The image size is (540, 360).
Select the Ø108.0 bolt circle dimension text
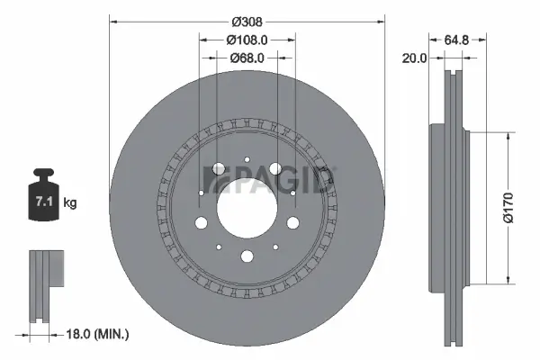pyautogui.click(x=247, y=40)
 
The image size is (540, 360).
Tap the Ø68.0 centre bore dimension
pyautogui.click(x=247, y=58)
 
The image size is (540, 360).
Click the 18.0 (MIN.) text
pyautogui.click(x=100, y=334)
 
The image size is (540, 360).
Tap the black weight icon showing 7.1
pyautogui.click(x=43, y=195)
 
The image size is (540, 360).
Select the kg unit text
pyautogui.click(x=70, y=203)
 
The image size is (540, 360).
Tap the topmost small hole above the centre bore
pyautogui.click(x=247, y=159)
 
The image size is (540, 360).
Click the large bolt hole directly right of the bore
pyautogui.click(x=292, y=224)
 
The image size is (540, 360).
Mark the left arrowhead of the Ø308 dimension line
pyautogui.click(x=112, y=20)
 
